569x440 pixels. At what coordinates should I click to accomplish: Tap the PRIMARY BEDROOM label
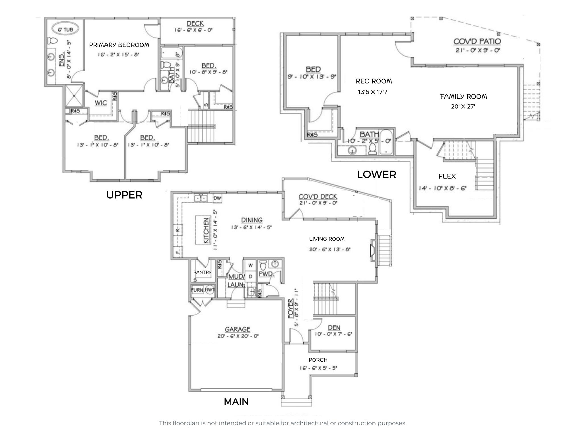pos(119,45)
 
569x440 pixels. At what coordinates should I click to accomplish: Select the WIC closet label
pos(101,103)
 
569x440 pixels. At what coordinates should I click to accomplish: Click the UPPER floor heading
pos(124,195)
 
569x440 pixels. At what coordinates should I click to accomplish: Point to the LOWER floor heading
pos(376,175)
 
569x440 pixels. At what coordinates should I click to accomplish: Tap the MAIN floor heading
pos(236,402)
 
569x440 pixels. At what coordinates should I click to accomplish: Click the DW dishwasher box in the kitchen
pos(217,198)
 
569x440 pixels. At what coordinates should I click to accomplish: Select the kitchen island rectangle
pos(203,230)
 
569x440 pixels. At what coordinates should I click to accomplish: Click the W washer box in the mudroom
pos(250,265)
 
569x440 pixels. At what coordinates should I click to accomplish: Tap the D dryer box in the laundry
pos(250,276)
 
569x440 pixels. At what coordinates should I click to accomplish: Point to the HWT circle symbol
pos(210,290)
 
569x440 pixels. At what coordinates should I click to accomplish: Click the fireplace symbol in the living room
pos(372,250)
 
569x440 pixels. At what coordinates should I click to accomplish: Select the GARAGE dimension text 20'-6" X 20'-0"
pos(238,336)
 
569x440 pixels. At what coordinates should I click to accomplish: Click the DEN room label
pos(334,328)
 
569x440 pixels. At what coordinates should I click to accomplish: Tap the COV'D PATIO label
pos(477,42)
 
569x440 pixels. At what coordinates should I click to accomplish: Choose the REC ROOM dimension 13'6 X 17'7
pos(372,92)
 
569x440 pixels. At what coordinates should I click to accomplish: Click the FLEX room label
pos(447,176)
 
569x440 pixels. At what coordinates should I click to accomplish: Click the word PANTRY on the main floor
pos(202,272)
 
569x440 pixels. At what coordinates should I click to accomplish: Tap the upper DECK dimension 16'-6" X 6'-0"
pos(193,30)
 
